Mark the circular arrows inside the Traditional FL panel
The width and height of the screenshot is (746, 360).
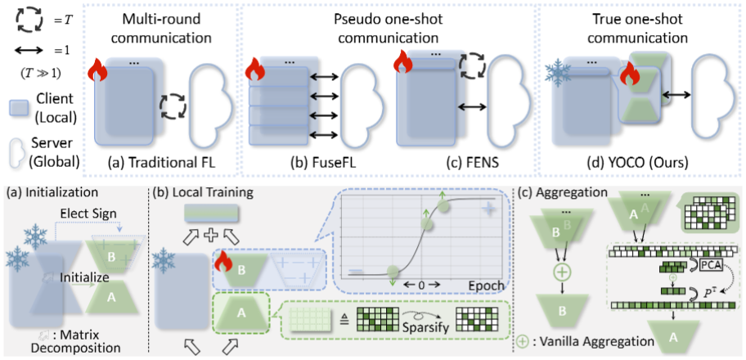173,106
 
